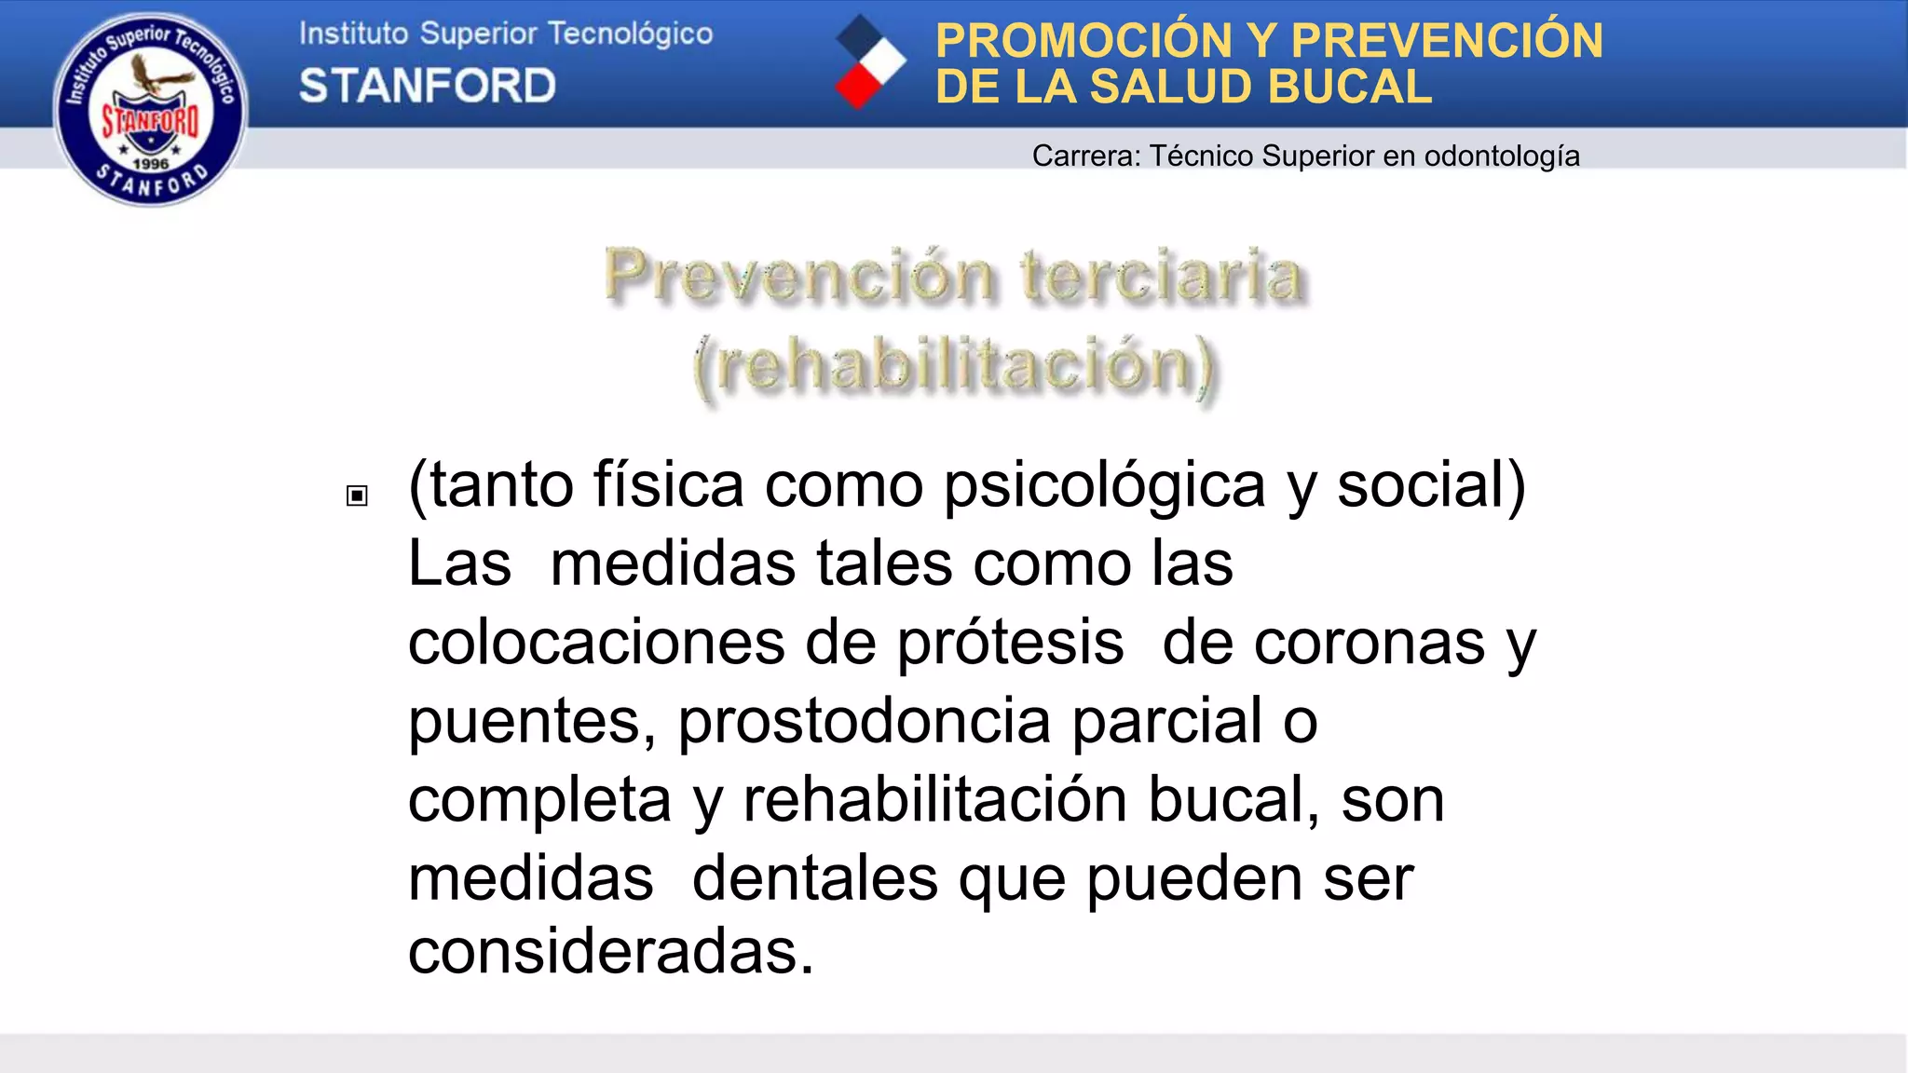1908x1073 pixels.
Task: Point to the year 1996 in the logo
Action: coord(151,164)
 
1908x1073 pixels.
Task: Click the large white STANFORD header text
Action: coord(427,86)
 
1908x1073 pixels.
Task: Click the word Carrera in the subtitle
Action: coord(1083,156)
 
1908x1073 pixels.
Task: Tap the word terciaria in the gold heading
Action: coord(1161,276)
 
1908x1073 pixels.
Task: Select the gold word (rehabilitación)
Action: coord(954,365)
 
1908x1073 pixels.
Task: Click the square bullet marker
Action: coord(357,496)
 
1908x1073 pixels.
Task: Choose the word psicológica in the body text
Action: coord(1104,485)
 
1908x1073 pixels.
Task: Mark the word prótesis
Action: coord(1010,643)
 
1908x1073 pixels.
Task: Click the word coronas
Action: coord(1369,643)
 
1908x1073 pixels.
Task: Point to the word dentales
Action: coord(814,878)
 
